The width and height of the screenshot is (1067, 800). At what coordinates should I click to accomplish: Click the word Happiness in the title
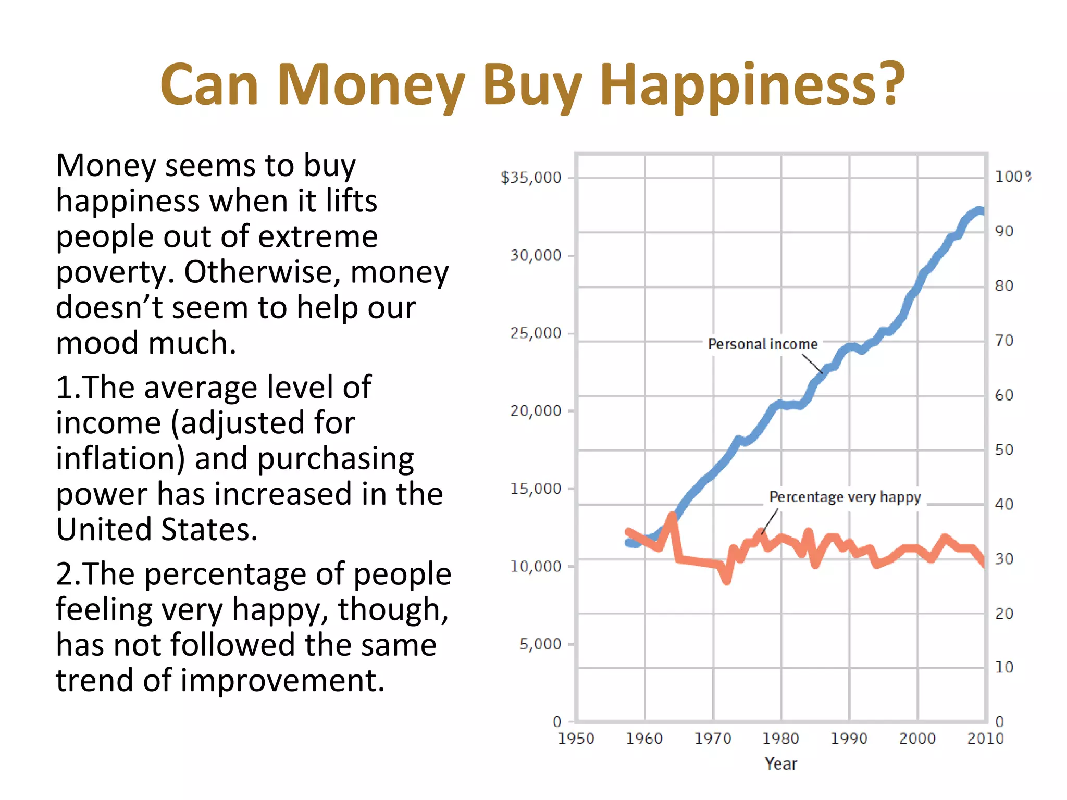pos(753,85)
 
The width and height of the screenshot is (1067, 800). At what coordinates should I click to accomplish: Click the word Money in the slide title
pos(370,85)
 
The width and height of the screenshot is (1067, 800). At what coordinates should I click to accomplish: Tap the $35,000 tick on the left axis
pos(531,178)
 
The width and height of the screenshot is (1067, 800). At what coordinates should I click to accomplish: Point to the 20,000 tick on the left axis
pos(536,411)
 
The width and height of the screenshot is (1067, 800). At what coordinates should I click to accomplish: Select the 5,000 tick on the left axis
pos(540,644)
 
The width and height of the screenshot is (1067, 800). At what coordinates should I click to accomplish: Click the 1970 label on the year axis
pos(713,739)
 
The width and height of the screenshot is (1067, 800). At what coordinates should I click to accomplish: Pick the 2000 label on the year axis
pos(917,739)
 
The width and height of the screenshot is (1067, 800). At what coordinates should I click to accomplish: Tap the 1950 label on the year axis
pos(576,739)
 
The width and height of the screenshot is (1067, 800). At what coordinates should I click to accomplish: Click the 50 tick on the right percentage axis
pos(1004,449)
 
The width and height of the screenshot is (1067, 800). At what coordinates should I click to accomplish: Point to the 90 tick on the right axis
pos(1004,231)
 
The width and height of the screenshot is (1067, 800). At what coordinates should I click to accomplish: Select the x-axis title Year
pos(780,764)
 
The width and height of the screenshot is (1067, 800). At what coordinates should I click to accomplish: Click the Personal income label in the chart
pos(762,344)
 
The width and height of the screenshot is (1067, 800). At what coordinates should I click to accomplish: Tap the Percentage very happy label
pos(845,497)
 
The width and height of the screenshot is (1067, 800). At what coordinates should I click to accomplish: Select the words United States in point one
pos(156,530)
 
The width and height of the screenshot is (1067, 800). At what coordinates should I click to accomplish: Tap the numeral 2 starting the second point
pos(65,574)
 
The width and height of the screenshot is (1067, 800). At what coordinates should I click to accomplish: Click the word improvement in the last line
pos(282,681)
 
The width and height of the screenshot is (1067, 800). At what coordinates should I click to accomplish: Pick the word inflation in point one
pos(120,459)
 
